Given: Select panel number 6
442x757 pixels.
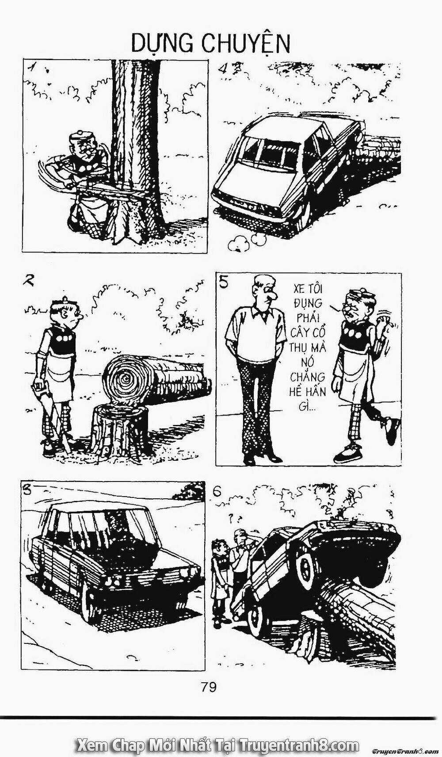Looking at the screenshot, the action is coord(217,492).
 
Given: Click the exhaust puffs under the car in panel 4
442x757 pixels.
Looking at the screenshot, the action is coord(248,241).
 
